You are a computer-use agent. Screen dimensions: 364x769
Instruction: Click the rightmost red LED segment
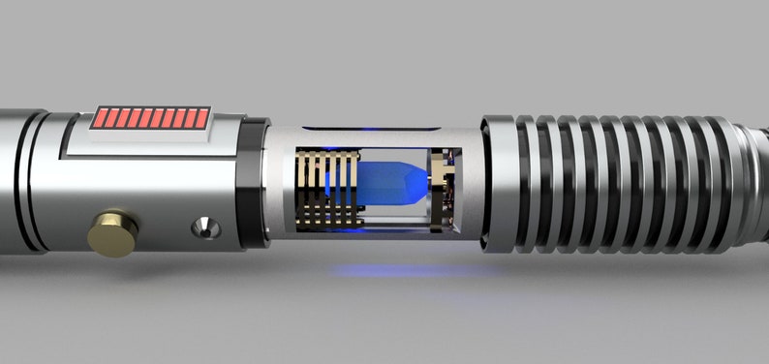click(202, 118)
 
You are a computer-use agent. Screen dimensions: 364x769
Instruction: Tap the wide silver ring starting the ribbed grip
click(498, 184)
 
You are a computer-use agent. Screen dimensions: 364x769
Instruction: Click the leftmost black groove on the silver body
click(29, 179)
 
